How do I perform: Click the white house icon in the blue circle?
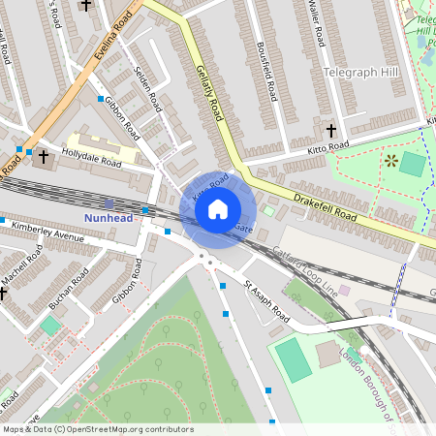218,208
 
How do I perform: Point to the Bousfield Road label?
274,72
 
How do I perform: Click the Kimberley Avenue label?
55,235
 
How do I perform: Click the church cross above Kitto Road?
330,130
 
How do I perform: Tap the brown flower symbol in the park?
390,160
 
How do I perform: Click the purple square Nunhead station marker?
109,203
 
